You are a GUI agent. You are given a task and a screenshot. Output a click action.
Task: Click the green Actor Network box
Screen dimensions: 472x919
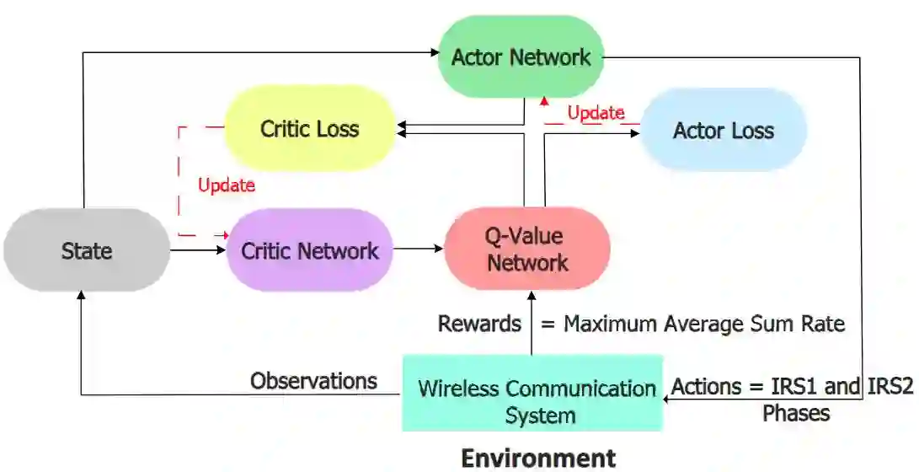click(x=521, y=57)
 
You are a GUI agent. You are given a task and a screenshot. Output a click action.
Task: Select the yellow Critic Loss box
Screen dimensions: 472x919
click(x=310, y=129)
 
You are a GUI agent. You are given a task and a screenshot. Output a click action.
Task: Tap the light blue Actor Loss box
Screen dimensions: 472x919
click(x=724, y=131)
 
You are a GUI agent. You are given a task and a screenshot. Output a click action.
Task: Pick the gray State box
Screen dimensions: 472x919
click(x=86, y=250)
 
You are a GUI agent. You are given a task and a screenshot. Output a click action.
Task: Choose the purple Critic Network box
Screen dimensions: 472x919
click(x=310, y=250)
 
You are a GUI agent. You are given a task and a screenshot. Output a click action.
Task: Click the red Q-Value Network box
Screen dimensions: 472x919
click(x=527, y=249)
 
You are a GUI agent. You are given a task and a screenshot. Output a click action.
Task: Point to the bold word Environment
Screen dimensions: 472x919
click(x=539, y=458)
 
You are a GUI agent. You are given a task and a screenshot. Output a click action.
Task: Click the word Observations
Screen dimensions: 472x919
click(x=313, y=381)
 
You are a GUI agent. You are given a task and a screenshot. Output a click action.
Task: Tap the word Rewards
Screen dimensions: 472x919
click(x=479, y=324)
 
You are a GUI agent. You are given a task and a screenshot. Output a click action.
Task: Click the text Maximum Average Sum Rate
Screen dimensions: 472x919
click(x=703, y=324)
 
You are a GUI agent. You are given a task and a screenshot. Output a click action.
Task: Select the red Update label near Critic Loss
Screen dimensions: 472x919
click(x=226, y=185)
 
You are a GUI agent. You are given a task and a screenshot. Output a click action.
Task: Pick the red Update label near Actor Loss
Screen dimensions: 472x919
click(x=596, y=113)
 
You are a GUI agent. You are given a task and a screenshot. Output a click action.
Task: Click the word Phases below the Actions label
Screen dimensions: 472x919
click(x=796, y=413)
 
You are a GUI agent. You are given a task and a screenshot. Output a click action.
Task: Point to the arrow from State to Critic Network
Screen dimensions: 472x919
click(x=198, y=249)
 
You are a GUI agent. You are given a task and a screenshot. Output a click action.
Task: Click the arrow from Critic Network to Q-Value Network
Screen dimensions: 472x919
click(x=418, y=249)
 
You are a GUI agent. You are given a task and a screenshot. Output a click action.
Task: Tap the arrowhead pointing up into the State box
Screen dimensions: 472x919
click(x=82, y=295)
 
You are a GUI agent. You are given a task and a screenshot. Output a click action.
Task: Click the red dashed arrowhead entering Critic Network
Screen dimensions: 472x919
click(x=225, y=234)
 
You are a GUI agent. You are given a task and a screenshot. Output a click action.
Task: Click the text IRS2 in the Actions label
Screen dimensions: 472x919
click(x=888, y=388)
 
